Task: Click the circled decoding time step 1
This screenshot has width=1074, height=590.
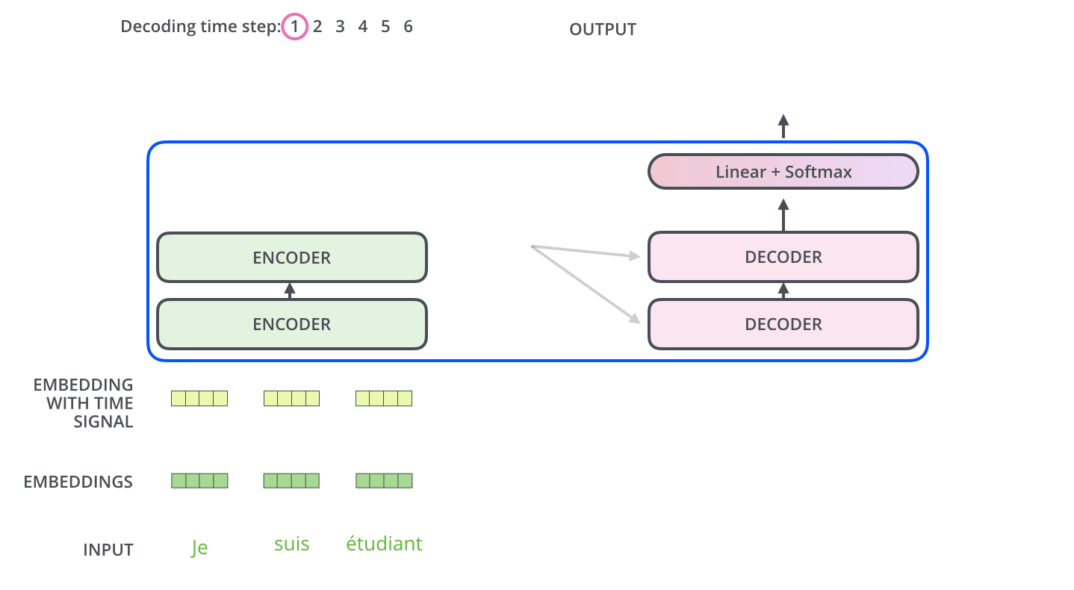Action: tap(295, 28)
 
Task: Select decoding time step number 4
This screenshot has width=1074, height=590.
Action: tap(363, 28)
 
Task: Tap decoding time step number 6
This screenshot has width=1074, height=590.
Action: tap(408, 28)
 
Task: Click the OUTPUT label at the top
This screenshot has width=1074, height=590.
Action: tap(603, 30)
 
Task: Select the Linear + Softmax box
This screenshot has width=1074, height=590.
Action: tap(783, 172)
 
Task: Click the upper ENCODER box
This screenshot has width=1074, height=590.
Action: tap(291, 258)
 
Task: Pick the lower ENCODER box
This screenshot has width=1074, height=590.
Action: tap(291, 324)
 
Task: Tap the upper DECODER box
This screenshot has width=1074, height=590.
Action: tap(783, 257)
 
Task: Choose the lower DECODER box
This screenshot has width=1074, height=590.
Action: tap(783, 324)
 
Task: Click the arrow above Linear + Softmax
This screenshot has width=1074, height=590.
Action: tap(783, 126)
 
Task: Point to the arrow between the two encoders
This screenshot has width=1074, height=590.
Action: tap(291, 291)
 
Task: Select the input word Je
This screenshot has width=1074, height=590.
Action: tap(199, 547)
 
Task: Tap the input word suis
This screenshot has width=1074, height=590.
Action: tap(291, 544)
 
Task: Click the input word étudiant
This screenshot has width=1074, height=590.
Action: tap(384, 544)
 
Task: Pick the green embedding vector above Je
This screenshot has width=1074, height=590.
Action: tap(199, 481)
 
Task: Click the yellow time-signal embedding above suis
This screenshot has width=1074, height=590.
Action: tap(291, 399)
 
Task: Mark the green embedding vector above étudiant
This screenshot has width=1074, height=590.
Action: tap(384, 481)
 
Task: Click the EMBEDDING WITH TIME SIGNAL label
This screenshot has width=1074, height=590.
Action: tap(83, 403)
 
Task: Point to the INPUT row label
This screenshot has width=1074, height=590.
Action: tap(108, 550)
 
